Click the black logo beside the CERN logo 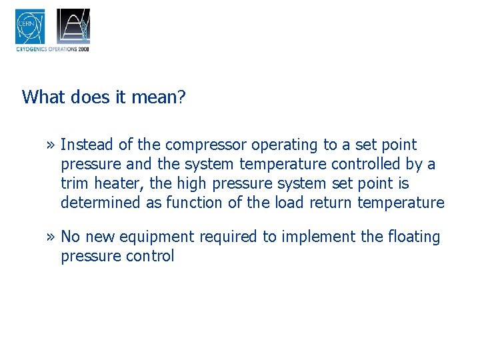tap(73, 26)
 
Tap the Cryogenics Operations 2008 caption tap(52, 49)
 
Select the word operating tap(281, 145)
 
